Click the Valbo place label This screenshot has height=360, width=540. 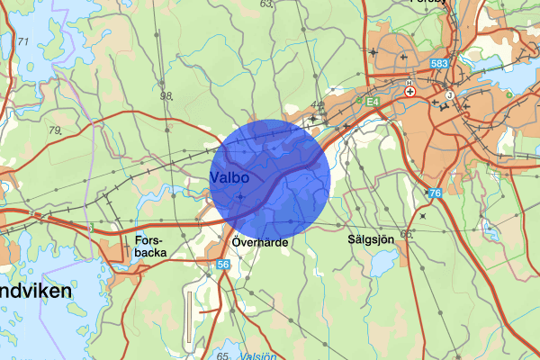click(x=229, y=177)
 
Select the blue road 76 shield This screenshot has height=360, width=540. click(x=435, y=194)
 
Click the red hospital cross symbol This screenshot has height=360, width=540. click(x=409, y=92)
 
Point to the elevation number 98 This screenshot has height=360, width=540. click(x=166, y=95)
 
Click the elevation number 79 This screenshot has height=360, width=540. click(x=56, y=131)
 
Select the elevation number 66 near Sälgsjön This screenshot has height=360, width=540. click(x=406, y=235)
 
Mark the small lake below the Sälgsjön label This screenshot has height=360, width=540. click(x=382, y=264)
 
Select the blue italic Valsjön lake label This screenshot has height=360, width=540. click(x=258, y=355)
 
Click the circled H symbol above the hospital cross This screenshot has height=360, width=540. click(x=409, y=83)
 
